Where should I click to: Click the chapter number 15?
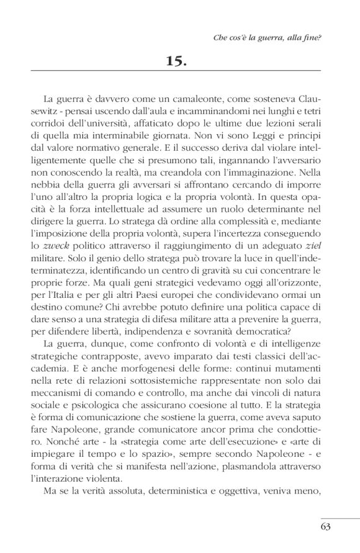(179, 61)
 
